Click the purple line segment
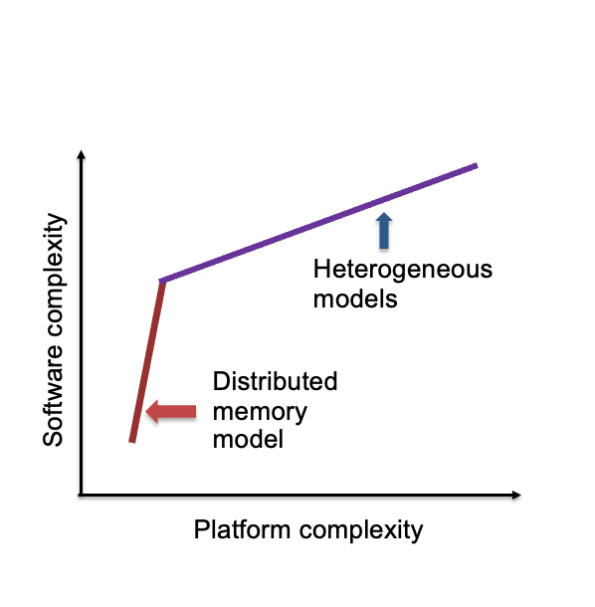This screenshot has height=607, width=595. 318,223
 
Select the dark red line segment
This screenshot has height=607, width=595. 147,361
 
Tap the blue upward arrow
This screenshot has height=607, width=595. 384,230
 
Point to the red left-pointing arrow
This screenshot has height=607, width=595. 171,412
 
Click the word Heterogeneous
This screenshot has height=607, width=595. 403,270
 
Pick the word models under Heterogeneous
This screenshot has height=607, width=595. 355,300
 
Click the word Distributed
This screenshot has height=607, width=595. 275,381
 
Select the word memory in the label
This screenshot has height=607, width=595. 260,412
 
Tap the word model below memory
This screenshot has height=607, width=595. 248,440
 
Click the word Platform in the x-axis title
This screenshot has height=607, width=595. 242,529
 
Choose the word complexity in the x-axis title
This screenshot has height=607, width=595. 361,530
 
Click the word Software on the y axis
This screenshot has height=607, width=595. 53,398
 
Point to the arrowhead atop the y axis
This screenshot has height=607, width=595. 81,154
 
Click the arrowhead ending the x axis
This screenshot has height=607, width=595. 516,495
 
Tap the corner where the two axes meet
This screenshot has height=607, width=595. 81,495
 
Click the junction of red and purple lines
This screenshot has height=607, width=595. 162,281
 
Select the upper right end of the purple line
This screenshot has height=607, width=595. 477,166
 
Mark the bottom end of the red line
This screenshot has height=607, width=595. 132,442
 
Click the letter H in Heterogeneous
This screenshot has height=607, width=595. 321,269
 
